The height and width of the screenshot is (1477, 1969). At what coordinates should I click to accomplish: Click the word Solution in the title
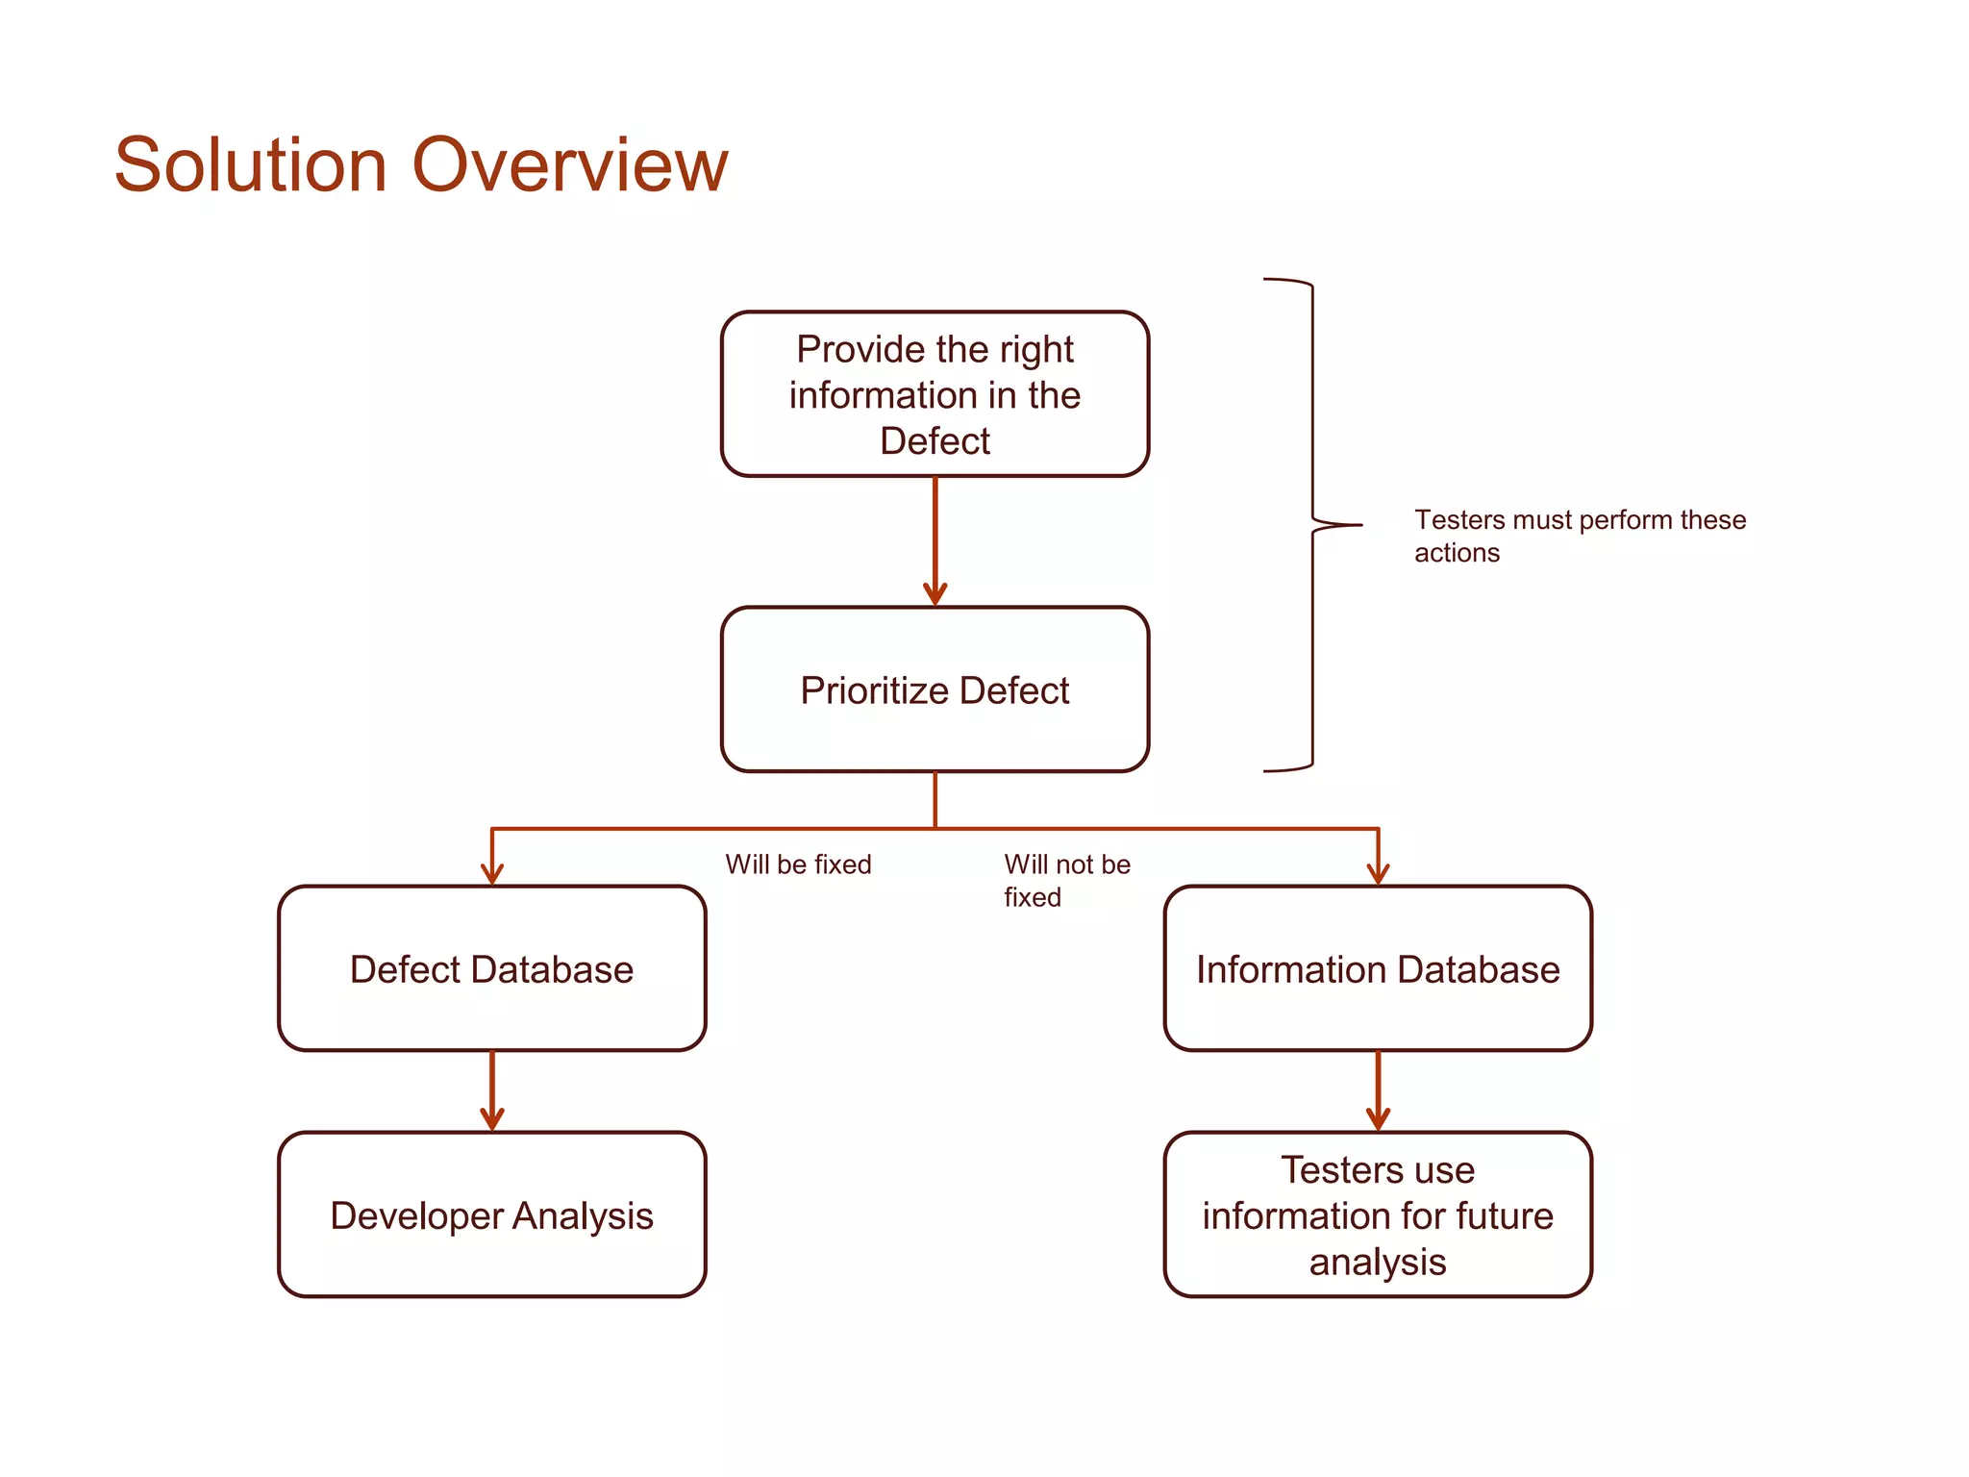point(251,164)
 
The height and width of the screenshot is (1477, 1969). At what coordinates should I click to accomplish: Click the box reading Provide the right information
point(935,394)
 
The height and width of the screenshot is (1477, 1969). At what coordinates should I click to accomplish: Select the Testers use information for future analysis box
point(1377,1215)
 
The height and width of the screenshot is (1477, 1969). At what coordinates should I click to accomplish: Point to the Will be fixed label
point(798,864)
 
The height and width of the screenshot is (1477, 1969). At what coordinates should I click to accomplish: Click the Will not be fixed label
point(1066,880)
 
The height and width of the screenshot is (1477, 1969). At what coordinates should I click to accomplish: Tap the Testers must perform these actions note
point(1579,536)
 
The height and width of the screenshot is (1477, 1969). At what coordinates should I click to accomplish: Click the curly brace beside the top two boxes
point(1313,524)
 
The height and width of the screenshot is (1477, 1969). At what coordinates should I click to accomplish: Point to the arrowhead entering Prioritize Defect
point(935,594)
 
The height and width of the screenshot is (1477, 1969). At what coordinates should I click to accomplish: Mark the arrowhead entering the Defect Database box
point(492,873)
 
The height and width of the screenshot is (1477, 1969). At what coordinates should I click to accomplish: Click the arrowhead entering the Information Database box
point(1378,873)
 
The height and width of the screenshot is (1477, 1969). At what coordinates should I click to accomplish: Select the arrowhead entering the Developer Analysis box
point(492,1119)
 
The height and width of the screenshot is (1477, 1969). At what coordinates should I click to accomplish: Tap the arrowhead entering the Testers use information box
point(1378,1119)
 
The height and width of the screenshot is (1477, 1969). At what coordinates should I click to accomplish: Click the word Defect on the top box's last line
point(935,440)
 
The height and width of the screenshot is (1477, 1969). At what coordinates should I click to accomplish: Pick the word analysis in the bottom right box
point(1377,1262)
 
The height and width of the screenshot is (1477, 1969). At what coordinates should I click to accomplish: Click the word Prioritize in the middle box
point(875,690)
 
